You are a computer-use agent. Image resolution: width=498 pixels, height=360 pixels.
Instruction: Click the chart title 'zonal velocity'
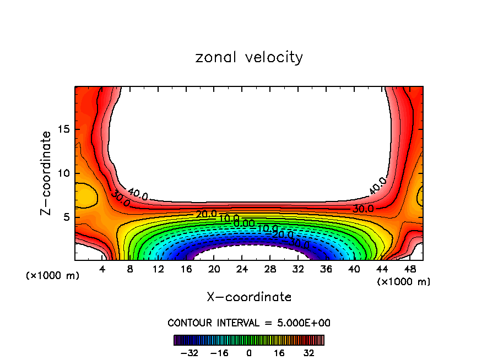[249, 57]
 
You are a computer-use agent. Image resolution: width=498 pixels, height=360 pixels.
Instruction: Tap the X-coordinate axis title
[249, 297]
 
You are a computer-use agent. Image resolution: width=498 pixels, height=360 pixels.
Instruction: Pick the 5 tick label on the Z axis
[64, 217]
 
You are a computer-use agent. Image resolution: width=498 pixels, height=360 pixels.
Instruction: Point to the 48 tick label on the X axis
[409, 269]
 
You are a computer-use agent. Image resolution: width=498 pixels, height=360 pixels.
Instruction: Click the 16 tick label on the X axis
[186, 269]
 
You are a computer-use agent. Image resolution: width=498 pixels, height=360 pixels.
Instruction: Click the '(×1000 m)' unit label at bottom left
[53, 276]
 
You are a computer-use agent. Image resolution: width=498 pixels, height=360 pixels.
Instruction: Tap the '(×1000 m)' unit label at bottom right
[404, 282]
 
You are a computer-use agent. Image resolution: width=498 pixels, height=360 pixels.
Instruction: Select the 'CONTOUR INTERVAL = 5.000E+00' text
[249, 323]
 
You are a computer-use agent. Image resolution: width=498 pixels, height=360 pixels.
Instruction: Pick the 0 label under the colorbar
[249, 353]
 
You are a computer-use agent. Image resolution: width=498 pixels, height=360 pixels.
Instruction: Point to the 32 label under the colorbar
[308, 353]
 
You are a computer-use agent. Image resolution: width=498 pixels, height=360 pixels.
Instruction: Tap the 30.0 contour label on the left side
[120, 199]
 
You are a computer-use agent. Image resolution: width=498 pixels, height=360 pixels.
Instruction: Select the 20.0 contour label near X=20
[206, 214]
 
